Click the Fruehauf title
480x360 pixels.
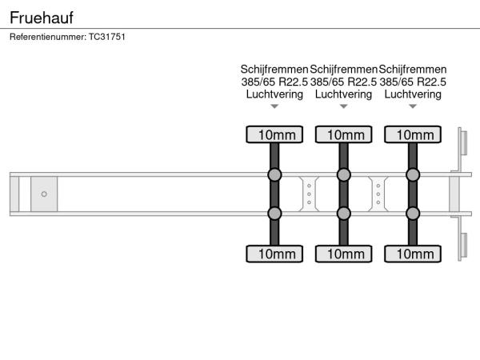[x=42, y=18]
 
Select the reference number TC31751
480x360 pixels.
[x=107, y=37]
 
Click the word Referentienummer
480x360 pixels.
[x=48, y=37]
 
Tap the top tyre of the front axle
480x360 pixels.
[x=274, y=134]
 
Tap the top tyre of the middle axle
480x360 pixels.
[x=344, y=134]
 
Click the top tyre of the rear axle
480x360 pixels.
[x=413, y=134]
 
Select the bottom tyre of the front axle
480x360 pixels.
[x=274, y=254]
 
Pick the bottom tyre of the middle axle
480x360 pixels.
[x=344, y=254]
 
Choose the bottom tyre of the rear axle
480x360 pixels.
[x=413, y=254]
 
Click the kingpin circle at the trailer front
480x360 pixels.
[x=44, y=194]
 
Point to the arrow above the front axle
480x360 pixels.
[x=274, y=106]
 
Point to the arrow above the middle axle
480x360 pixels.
[x=344, y=106]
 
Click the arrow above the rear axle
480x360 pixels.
[x=413, y=106]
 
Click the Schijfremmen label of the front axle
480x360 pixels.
[x=274, y=70]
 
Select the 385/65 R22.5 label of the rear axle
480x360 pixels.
[x=413, y=82]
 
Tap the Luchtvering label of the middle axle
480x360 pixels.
[x=344, y=94]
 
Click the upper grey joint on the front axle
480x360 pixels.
[x=274, y=174]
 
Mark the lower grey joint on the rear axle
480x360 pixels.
[x=413, y=214]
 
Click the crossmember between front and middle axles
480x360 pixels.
[x=309, y=194]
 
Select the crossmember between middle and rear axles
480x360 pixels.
[x=378, y=194]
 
